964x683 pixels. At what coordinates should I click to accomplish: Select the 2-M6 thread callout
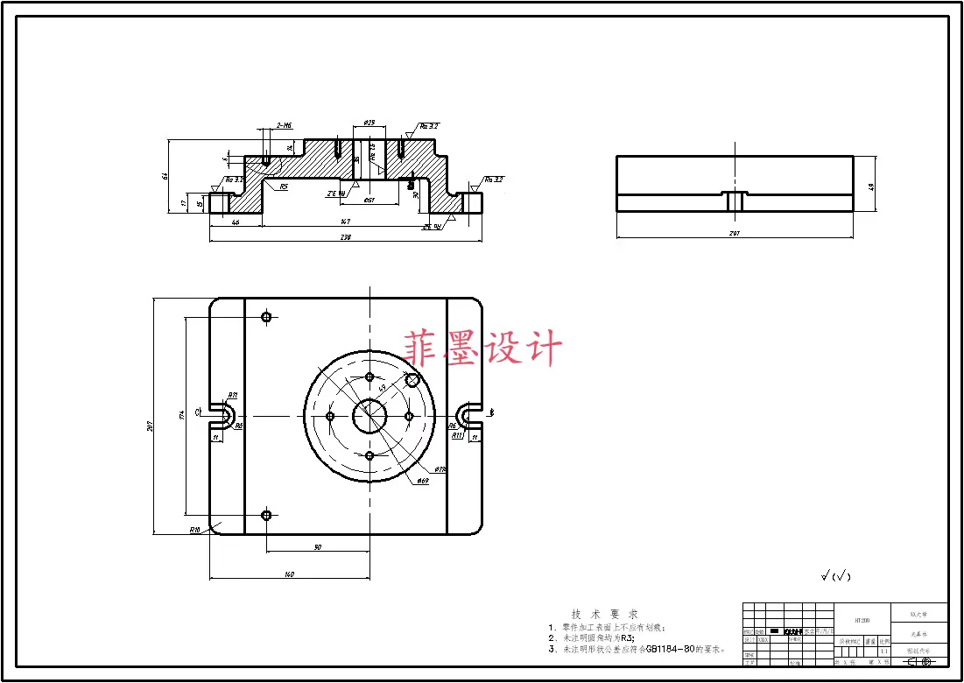pyautogui.click(x=284, y=126)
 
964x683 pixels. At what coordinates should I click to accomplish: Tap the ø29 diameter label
pyautogui.click(x=369, y=123)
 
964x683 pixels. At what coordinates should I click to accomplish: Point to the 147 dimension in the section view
pyautogui.click(x=346, y=222)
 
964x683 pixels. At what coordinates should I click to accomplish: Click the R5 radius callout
pyautogui.click(x=284, y=187)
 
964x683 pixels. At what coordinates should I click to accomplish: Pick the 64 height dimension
pyautogui.click(x=165, y=176)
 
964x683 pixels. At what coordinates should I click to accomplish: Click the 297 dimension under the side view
pyautogui.click(x=734, y=233)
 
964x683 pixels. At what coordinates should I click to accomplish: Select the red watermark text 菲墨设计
pyautogui.click(x=482, y=349)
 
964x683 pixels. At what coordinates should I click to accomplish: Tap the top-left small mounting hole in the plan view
pyautogui.click(x=267, y=317)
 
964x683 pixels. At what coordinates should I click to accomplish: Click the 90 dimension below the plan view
pyautogui.click(x=317, y=547)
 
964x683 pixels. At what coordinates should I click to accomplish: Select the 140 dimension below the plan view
pyautogui.click(x=289, y=574)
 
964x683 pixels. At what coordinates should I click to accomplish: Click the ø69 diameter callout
pyautogui.click(x=422, y=481)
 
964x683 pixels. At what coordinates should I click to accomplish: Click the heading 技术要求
pyautogui.click(x=604, y=615)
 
